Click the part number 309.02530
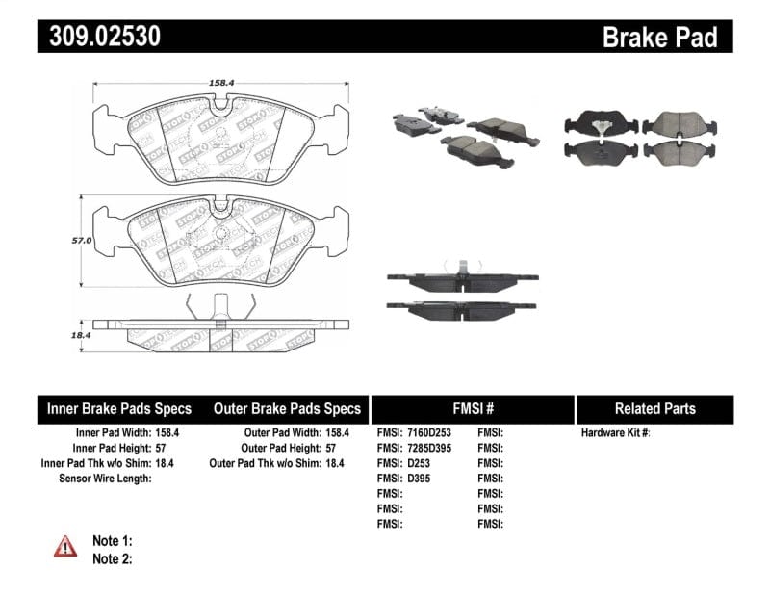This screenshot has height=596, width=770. point(99,37)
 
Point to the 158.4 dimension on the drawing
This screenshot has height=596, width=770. point(221,84)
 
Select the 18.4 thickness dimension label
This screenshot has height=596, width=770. point(80,336)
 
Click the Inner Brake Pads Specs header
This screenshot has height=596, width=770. point(119,409)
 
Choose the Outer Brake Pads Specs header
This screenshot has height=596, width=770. point(287,409)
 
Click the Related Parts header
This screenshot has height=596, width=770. point(654,409)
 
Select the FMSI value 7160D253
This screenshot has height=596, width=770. point(427,433)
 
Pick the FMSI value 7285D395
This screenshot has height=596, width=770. point(427,449)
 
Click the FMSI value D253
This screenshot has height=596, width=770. point(418,463)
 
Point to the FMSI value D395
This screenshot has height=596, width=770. point(418,479)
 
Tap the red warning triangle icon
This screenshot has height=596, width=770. point(65,546)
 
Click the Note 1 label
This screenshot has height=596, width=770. point(112,541)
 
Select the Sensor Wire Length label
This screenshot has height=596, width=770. point(105,479)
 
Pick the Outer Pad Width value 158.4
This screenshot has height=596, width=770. point(338,433)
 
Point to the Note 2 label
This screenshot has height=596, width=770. point(112,558)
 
